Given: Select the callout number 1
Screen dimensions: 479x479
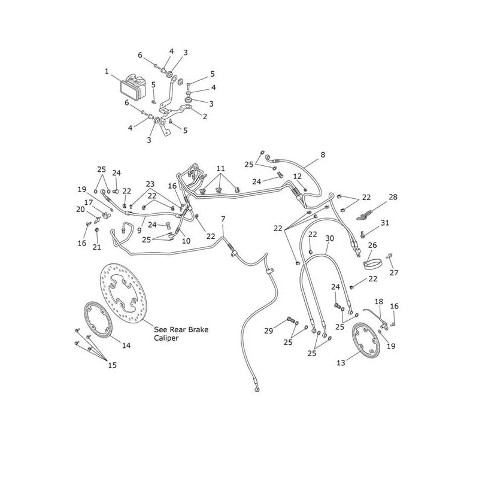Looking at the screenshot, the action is [107, 71].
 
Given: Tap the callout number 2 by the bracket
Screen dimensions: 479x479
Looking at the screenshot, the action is [205, 116].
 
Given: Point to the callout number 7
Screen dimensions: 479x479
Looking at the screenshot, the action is [223, 219].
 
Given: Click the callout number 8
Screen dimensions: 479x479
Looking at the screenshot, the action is [323, 154].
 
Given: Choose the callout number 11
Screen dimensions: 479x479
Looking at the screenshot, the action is [220, 168].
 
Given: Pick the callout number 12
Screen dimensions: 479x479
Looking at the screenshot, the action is [297, 176].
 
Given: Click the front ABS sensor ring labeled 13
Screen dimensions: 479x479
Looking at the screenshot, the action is [366, 340].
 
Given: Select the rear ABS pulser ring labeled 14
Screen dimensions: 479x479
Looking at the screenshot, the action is [98, 320].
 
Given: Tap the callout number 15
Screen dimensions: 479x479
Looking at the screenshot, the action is [113, 365].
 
